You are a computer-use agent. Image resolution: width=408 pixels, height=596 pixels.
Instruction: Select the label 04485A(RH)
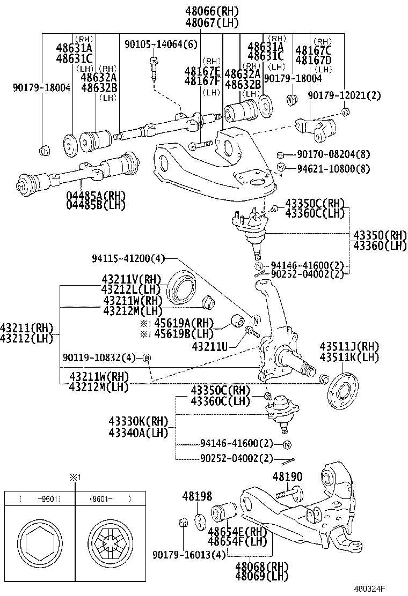click(x=94, y=195)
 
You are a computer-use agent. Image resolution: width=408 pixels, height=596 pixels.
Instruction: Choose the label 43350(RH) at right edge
click(x=380, y=235)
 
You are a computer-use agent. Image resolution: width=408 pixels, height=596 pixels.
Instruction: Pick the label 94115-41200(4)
click(x=128, y=259)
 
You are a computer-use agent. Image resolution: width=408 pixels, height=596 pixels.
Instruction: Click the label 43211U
click(x=210, y=347)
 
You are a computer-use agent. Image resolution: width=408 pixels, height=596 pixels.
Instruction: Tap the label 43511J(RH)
click(x=349, y=346)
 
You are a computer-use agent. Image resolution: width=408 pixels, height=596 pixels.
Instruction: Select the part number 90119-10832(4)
click(x=98, y=357)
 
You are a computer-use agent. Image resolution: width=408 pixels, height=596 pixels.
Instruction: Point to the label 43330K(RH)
click(x=138, y=421)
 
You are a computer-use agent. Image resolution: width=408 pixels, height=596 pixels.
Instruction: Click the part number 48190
click(x=287, y=476)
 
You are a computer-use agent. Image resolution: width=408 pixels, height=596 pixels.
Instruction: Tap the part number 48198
click(x=197, y=497)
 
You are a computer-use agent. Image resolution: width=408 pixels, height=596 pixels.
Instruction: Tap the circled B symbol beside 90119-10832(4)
click(x=147, y=357)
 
